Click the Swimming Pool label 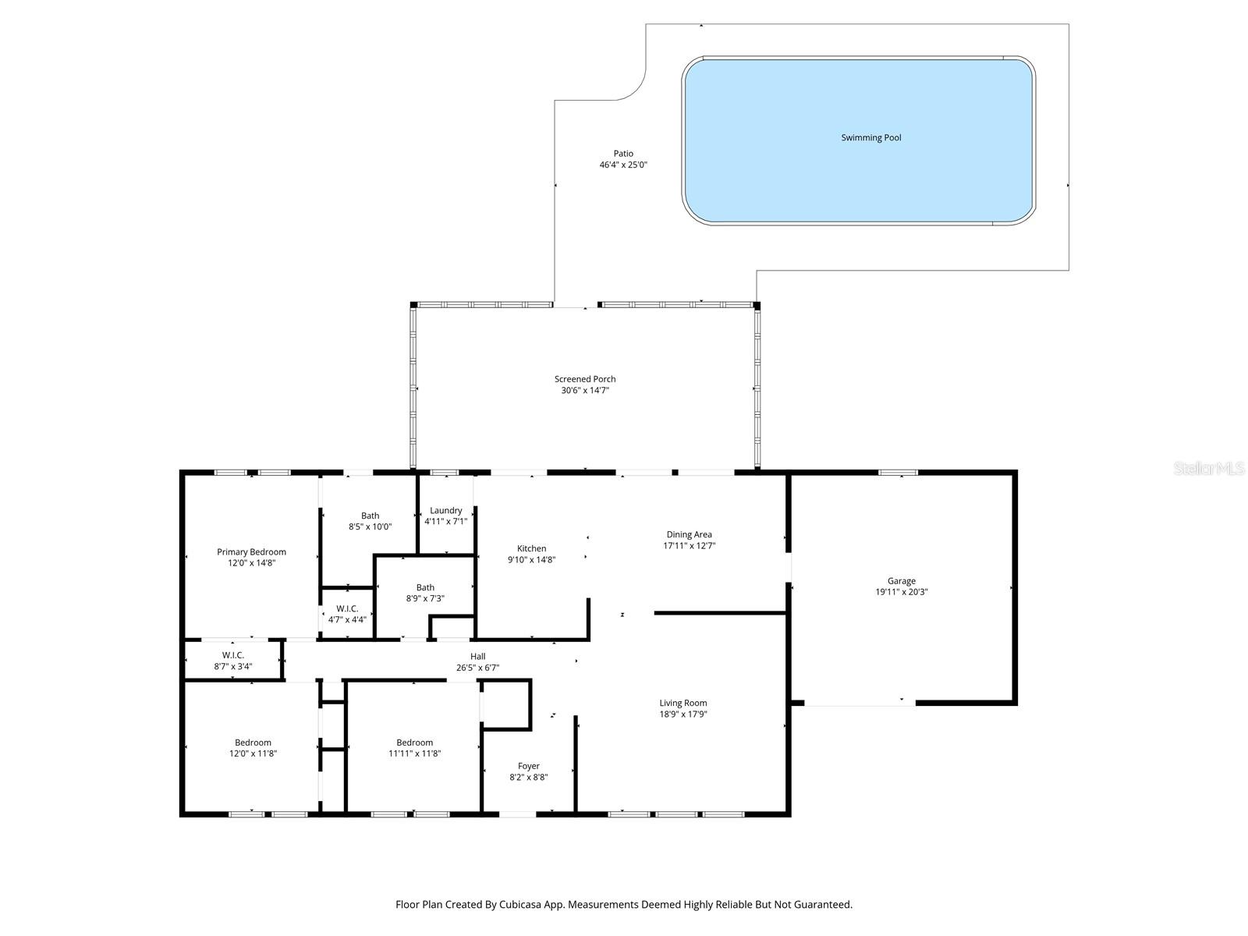870,138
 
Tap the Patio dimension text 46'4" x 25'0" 623,165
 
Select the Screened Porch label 585,379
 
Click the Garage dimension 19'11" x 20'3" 901,592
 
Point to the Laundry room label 446,511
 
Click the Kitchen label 531,548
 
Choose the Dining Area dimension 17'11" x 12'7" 689,546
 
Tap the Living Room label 683,703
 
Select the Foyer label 528,766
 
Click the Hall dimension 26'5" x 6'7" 477,668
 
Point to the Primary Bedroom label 251,552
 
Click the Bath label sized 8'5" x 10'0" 370,516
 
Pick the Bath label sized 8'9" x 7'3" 425,587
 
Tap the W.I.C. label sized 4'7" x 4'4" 347,608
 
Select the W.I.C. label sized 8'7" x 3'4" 232,655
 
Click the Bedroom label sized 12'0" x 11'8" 253,743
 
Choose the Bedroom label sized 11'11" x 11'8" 414,743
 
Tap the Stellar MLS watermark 1208,469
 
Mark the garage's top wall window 898,472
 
